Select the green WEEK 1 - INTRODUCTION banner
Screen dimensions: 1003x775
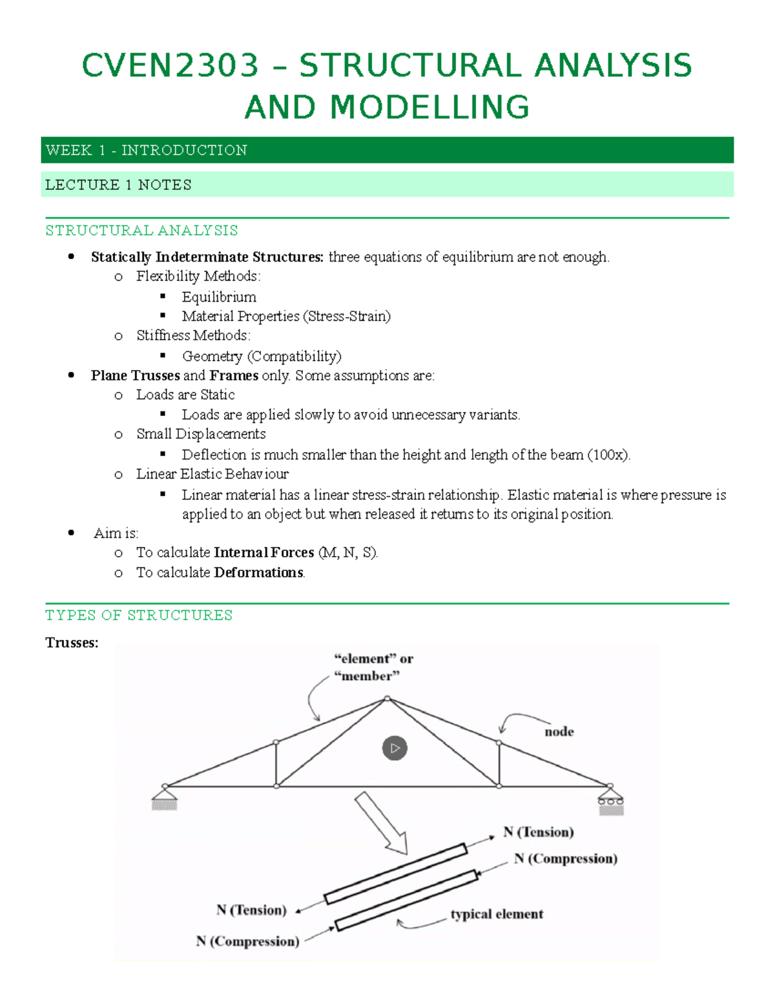(387, 150)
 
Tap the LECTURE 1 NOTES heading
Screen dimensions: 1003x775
(118, 185)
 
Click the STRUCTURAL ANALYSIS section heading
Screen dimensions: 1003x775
(141, 231)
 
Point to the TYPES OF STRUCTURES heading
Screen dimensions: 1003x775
(138, 615)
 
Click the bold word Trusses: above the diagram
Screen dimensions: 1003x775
(72, 643)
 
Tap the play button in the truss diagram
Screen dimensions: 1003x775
(395, 748)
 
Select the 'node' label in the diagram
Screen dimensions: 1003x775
(559, 731)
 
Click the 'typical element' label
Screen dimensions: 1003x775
(497, 914)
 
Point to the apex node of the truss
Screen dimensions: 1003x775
(387, 699)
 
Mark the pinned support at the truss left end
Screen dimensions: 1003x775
(165, 798)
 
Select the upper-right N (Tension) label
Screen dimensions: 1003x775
(539, 832)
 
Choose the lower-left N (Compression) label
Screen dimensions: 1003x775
(248, 941)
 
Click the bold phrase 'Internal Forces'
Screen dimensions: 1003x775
(263, 552)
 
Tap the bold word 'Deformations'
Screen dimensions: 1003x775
(258, 572)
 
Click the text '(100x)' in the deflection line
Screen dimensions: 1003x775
(608, 455)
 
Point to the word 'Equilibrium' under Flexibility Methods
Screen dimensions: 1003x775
(219, 297)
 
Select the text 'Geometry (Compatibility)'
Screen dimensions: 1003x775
(262, 356)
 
